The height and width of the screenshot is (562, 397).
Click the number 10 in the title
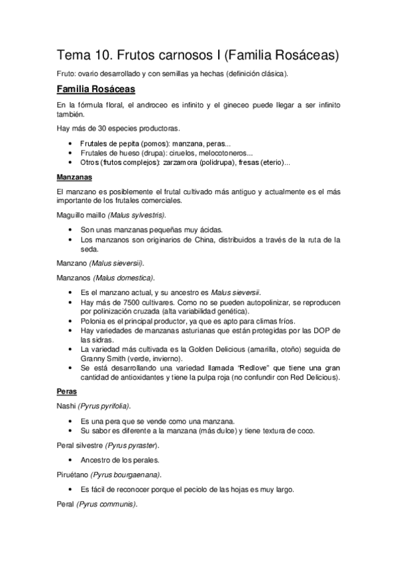(x=103, y=54)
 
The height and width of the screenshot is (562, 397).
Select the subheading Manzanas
(x=74, y=178)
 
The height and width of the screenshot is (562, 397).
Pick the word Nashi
(x=67, y=406)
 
